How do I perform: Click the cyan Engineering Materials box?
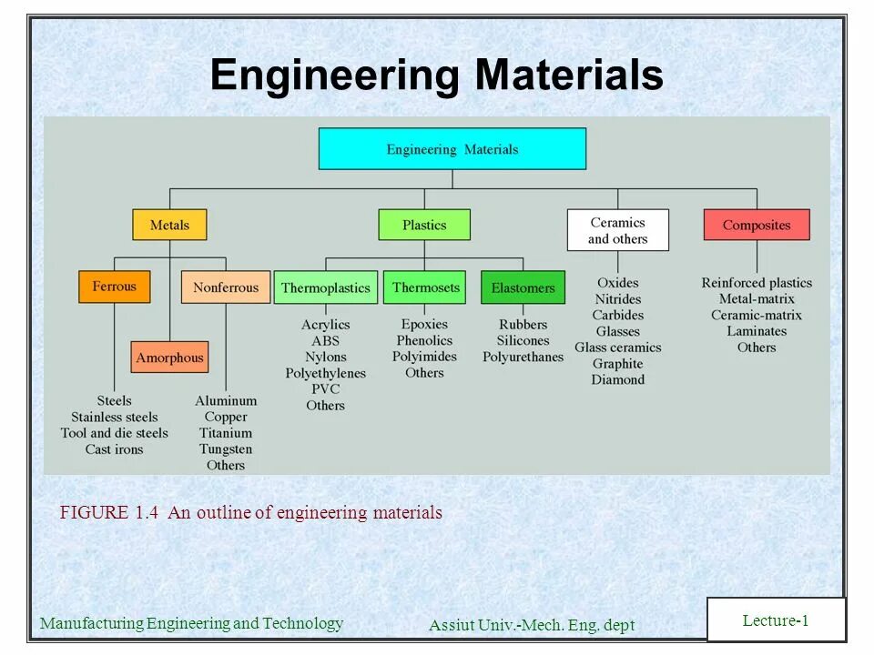click(x=452, y=149)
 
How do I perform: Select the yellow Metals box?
click(x=169, y=225)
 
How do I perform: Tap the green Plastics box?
click(x=424, y=225)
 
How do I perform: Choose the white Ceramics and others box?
click(x=617, y=230)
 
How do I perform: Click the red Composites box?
click(x=756, y=225)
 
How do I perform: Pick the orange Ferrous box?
click(x=114, y=287)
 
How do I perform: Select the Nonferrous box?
click(x=226, y=287)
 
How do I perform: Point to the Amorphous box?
click(x=169, y=358)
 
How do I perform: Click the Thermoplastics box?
click(x=326, y=287)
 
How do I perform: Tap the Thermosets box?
click(x=425, y=287)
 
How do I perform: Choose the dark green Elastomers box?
click(x=523, y=287)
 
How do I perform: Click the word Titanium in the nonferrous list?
click(x=226, y=433)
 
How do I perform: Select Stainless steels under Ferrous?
click(x=115, y=418)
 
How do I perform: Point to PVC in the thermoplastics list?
click(x=325, y=389)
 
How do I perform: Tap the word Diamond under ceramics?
click(x=617, y=380)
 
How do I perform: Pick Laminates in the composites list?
click(x=757, y=331)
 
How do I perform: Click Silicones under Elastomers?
click(x=523, y=341)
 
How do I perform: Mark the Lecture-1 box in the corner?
click(x=776, y=620)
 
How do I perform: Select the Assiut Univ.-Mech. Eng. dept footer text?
click(x=531, y=625)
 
